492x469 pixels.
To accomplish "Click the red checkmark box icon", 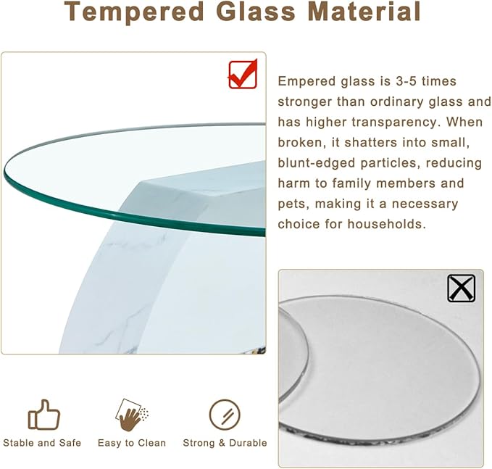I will pyautogui.click(x=243, y=74).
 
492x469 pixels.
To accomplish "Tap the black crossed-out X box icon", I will pyautogui.click(x=461, y=288).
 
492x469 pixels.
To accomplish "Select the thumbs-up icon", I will pyautogui.click(x=43, y=415).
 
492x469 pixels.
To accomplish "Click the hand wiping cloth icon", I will pyautogui.click(x=131, y=415).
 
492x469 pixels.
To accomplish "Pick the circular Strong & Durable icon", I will pyautogui.click(x=224, y=415).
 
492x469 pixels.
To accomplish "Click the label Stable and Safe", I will pyautogui.click(x=42, y=443).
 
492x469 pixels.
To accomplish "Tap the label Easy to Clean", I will pyautogui.click(x=132, y=443).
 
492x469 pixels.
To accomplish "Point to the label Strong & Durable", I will pyautogui.click(x=225, y=443).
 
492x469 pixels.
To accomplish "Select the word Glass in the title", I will pyautogui.click(x=251, y=12).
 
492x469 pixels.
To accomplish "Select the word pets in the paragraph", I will pyautogui.click(x=292, y=204).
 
